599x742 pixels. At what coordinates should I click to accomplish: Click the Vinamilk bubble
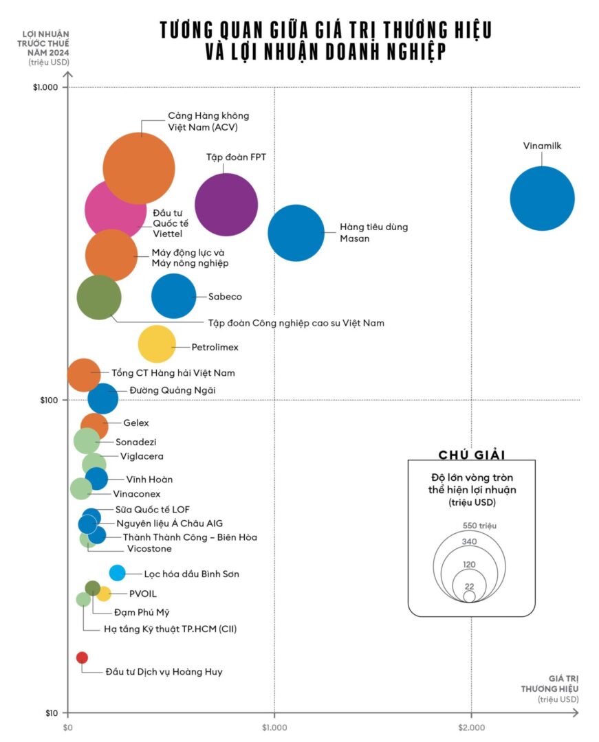(x=542, y=198)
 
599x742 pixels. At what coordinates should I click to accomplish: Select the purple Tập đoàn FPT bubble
(x=226, y=204)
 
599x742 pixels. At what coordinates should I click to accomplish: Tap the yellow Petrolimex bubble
(x=157, y=344)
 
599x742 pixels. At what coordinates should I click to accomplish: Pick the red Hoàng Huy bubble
(x=82, y=657)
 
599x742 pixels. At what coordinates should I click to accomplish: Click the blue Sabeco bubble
(x=173, y=296)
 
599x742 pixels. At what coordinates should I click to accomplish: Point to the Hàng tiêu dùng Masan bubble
(x=296, y=233)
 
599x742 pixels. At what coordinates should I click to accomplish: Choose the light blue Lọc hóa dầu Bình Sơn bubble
(x=118, y=572)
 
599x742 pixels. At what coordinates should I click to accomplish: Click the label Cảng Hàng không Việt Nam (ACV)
(x=208, y=122)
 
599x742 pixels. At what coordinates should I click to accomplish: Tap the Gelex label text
(x=136, y=423)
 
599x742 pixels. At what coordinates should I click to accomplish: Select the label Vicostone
(x=149, y=549)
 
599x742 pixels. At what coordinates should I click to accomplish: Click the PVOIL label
(x=143, y=594)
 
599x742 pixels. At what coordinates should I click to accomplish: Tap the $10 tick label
(x=51, y=712)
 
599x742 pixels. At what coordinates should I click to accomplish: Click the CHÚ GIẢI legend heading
(x=472, y=455)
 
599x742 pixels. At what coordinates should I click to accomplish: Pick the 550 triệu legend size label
(x=480, y=526)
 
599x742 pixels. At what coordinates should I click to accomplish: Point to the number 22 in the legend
(x=469, y=586)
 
